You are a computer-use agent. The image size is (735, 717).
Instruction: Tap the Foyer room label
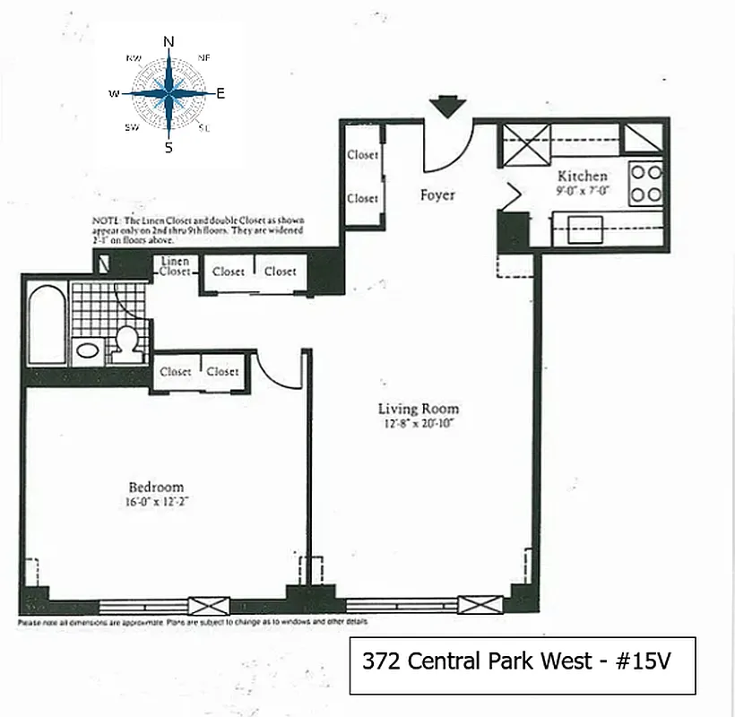pos(437,194)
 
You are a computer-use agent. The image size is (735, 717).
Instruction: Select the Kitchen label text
pos(582,176)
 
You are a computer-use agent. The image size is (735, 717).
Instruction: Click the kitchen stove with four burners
pos(644,184)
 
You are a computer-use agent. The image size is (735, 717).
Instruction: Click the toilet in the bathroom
pos(127,341)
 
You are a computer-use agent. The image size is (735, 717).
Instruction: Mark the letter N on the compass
pos(169,41)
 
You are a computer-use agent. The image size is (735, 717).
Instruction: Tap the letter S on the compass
pos(169,148)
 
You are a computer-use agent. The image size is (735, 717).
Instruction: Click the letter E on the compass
pos(220,93)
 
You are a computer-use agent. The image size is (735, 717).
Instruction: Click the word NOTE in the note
pos(105,220)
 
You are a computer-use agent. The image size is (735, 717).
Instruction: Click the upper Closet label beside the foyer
pos(362,155)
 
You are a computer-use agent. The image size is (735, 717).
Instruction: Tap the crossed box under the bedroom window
pos(202,605)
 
